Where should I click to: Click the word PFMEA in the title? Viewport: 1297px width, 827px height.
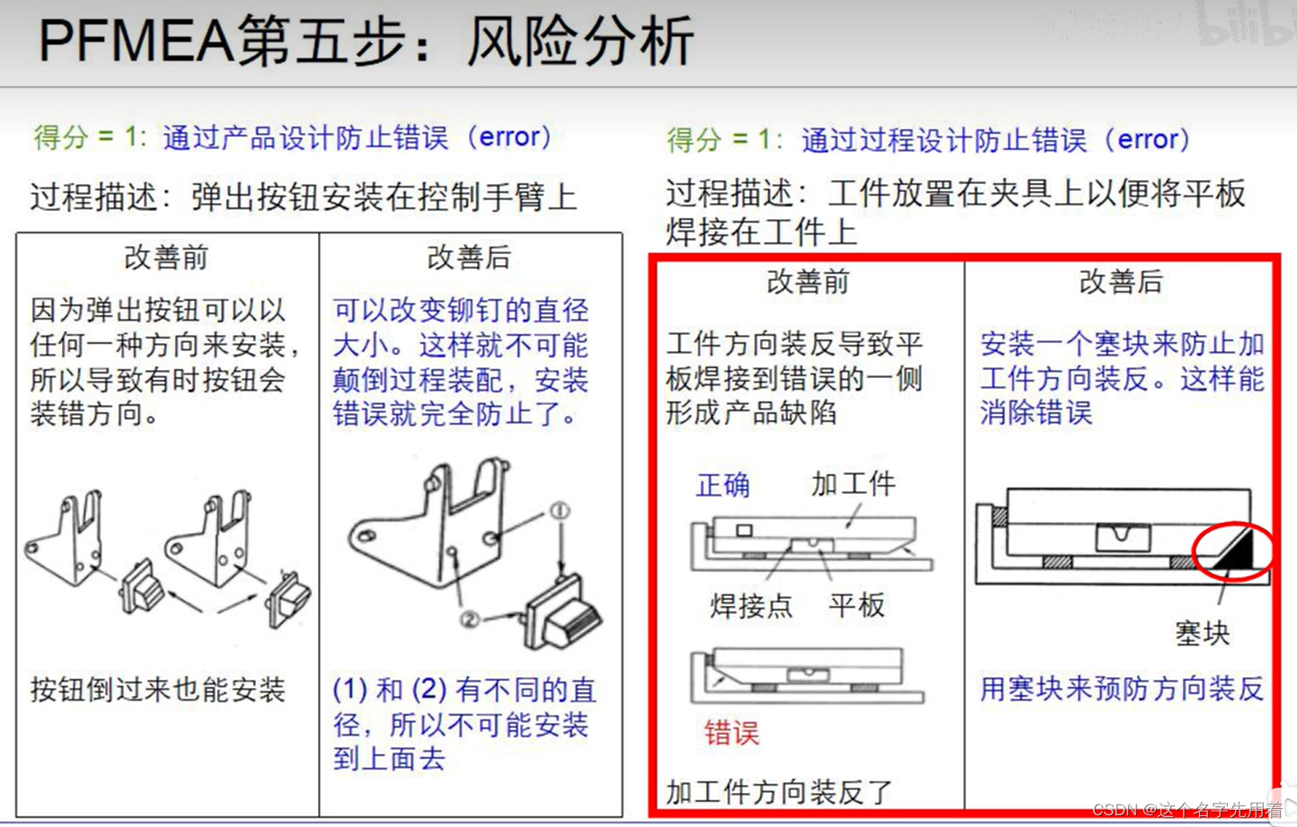[136, 40]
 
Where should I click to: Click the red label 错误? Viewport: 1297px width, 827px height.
[731, 733]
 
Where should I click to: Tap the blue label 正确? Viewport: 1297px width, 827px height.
[723, 485]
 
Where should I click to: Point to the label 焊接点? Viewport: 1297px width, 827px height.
[751, 606]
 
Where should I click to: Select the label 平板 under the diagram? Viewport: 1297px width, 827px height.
[857, 605]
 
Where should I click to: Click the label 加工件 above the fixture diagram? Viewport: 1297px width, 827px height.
[853, 484]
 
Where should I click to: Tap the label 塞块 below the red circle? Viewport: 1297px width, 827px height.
[1202, 633]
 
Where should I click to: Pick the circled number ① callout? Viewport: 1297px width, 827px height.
[560, 511]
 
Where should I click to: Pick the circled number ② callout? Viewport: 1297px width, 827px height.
[470, 620]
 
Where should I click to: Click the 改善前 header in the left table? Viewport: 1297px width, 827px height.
[166, 258]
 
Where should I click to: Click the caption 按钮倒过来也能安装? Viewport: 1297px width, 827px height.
[158, 690]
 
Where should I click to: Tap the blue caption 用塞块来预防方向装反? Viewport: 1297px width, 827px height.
[1122, 690]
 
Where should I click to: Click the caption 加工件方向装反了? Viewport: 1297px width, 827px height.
[780, 792]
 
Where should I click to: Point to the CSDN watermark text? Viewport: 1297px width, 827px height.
[1187, 809]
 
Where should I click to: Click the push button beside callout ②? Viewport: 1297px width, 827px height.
[561, 613]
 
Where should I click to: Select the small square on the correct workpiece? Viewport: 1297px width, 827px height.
[744, 530]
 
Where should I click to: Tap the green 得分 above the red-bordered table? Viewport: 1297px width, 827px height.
[693, 140]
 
